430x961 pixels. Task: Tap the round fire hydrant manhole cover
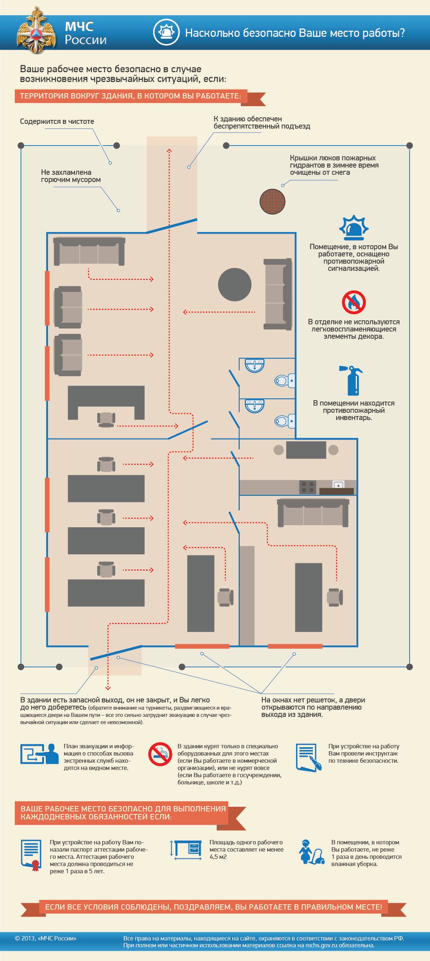[273, 201]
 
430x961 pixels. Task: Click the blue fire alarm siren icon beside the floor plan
[353, 227]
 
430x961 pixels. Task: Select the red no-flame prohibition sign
[353, 302]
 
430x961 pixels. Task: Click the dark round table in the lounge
[235, 284]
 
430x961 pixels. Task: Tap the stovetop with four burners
[308, 487]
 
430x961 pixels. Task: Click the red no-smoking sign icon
[160, 754]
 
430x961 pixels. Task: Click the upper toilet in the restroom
[285, 381]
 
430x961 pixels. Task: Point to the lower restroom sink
[254, 406]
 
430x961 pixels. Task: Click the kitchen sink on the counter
[338, 485]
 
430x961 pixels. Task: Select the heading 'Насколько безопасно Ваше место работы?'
[295, 34]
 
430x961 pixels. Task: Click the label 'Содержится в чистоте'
[57, 122]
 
